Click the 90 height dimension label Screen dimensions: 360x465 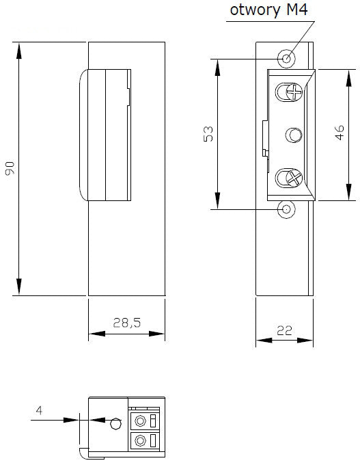point(10,168)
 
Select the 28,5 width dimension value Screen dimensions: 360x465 point(127,323)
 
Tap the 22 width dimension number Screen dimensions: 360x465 point(284,330)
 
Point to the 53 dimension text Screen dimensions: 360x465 point(208,134)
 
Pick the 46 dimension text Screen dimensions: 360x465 point(340,132)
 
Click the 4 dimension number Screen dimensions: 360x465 point(39,410)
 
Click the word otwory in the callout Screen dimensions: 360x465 point(255,10)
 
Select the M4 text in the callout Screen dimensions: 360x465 point(296,9)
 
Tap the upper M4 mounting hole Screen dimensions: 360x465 point(286,58)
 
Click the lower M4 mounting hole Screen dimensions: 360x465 point(286,209)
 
